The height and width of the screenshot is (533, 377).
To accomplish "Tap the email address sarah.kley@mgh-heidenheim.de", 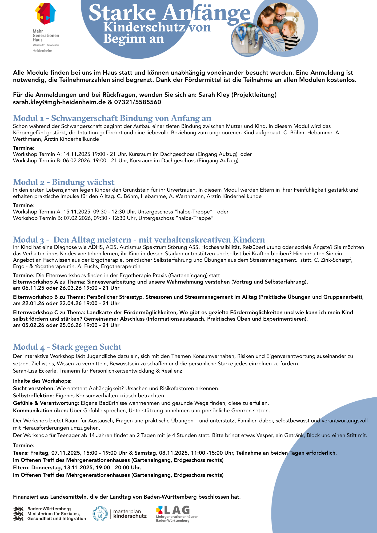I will pos(59,102).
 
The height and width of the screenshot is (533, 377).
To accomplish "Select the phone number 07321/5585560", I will pos(138,102).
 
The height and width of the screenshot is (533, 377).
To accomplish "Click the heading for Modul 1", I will pos(112,118).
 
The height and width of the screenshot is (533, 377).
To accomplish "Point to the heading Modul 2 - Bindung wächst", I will pos(64,182).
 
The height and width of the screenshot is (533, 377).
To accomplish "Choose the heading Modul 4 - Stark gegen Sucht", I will pos(67,347).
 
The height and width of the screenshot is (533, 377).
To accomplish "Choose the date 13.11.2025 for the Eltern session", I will pos(77,467).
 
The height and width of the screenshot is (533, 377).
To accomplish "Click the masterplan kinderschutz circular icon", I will pos(100,514).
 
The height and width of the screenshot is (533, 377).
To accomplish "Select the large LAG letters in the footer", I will pos(177,510).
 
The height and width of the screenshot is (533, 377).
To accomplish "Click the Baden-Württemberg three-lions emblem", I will pos(18,513).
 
